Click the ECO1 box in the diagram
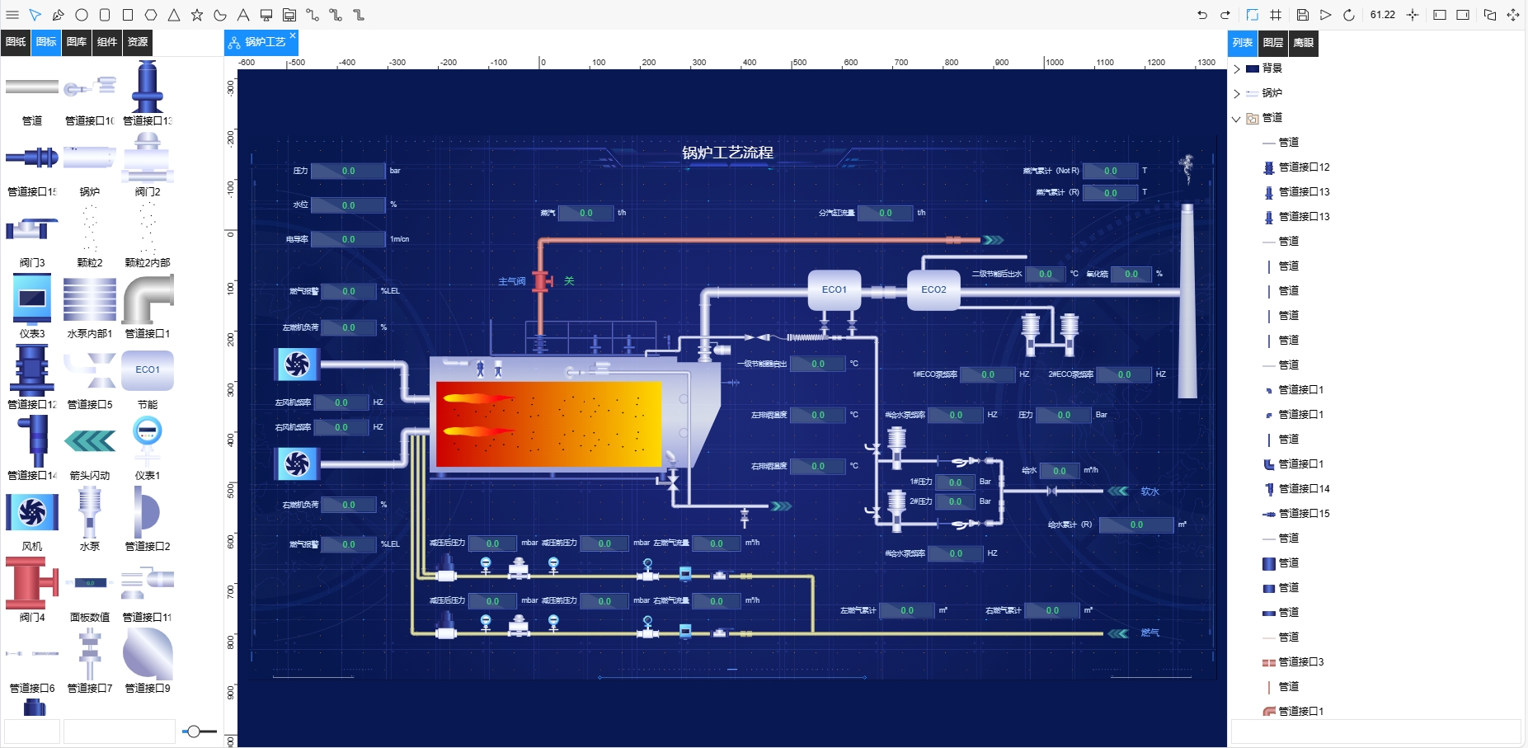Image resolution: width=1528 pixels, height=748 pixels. (835, 289)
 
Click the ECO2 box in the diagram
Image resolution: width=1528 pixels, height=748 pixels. (933, 289)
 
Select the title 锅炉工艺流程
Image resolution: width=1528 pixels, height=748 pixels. (727, 153)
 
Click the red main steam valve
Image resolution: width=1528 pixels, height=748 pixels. (542, 281)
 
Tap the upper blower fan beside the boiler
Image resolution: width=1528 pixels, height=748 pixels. (297, 364)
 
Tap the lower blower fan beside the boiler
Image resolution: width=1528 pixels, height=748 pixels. (297, 464)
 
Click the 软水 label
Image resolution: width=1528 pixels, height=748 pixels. (1150, 492)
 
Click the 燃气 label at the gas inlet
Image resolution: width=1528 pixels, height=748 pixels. (1150, 633)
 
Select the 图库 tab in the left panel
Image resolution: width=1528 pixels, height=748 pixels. (77, 42)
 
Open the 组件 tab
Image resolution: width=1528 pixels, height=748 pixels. (107, 42)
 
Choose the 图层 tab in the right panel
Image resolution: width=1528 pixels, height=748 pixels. (1273, 43)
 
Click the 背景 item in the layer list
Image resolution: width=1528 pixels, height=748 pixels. (1272, 68)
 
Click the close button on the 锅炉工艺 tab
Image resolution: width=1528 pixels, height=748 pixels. (293, 35)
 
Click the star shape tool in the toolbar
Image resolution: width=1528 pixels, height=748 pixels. (197, 15)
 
